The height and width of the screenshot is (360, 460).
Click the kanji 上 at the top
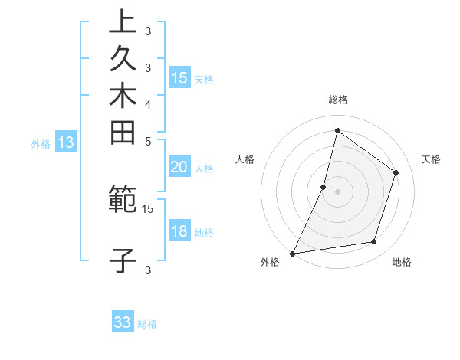[123, 21]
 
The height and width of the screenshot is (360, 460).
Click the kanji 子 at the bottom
[123, 260]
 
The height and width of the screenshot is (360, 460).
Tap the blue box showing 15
[179, 77]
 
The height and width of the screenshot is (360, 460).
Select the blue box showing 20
[179, 167]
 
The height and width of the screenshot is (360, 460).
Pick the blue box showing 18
[179, 232]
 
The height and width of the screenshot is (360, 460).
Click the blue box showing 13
[66, 142]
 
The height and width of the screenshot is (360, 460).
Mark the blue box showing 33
[123, 322]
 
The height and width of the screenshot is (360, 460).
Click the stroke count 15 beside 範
[148, 208]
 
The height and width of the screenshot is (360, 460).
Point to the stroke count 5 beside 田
[148, 141]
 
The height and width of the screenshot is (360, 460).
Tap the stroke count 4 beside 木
[148, 104]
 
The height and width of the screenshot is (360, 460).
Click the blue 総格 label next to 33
[148, 324]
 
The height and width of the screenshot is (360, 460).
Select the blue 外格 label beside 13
[41, 143]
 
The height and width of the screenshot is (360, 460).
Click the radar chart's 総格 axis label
[338, 100]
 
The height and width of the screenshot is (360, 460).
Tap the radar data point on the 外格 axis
[293, 253]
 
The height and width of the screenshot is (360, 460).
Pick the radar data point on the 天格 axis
[396, 172]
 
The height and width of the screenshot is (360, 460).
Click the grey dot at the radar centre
[338, 191]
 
